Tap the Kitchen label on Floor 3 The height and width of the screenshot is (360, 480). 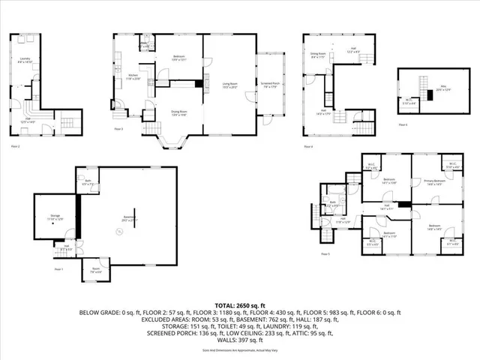[x=133, y=76]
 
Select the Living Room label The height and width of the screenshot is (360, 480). [x=229, y=85]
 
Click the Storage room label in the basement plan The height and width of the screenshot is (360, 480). [x=55, y=215]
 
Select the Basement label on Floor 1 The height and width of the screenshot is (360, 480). [x=131, y=218]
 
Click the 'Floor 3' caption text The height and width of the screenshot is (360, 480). [x=118, y=129]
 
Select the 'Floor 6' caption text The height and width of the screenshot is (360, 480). [x=403, y=124]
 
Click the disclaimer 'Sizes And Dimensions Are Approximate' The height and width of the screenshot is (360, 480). [x=240, y=350]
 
